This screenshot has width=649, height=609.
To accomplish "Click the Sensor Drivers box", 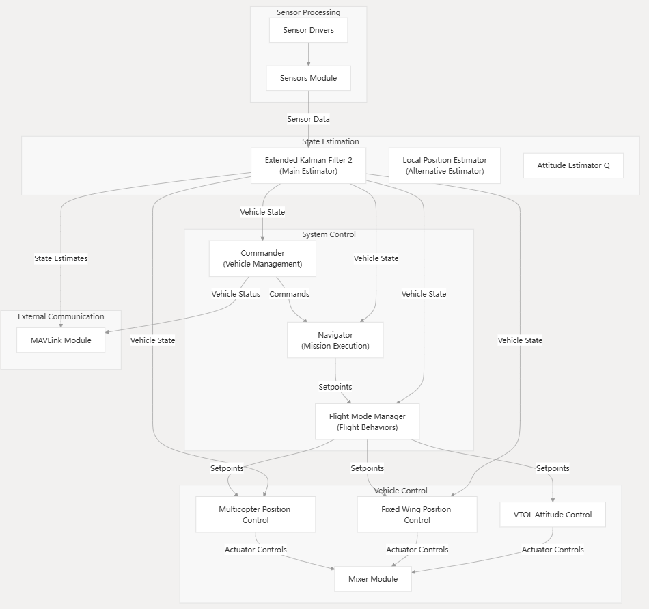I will coord(308,31).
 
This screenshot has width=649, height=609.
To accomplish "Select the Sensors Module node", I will coord(308,78).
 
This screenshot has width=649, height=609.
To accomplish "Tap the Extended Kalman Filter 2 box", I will coord(308,165).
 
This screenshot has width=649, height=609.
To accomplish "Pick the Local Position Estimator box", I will coord(444,165).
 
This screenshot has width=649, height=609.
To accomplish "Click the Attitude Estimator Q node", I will coord(573,165).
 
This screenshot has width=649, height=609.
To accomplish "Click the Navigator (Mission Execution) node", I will coord(335,340).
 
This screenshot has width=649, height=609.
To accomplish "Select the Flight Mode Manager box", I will coord(367,421).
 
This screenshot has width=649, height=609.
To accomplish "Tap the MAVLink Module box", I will coord(61,340).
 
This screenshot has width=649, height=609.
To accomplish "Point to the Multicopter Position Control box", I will coord(255,514).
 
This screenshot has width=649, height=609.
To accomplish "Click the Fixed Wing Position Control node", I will coord(417,514).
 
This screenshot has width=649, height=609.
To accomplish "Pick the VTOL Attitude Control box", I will coord(553,514).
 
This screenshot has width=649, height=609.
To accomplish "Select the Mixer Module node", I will coord(373,579).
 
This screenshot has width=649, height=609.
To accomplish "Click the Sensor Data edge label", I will coord(308,119).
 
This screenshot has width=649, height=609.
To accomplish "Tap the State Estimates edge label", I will coord(61,258).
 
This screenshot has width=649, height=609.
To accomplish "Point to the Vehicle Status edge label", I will coord(236,294).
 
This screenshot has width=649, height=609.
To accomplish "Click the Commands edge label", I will coord(289,294).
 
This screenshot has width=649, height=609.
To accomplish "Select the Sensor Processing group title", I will coord(308,12).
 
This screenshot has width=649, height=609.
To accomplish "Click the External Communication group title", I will coord(61,316).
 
